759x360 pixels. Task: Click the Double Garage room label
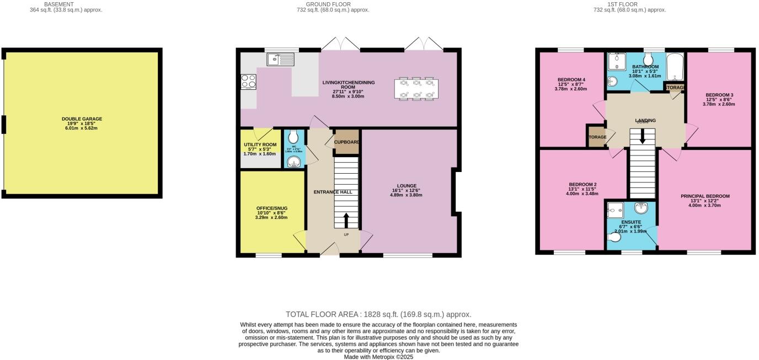click(x=82, y=119)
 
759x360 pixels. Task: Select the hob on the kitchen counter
click(x=248, y=82)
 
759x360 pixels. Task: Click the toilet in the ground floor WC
click(x=293, y=137)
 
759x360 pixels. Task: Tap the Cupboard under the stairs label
click(x=347, y=142)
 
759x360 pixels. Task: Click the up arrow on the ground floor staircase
click(x=346, y=220)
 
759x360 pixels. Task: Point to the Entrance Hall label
click(x=333, y=192)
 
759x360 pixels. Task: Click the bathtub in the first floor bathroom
click(x=674, y=67)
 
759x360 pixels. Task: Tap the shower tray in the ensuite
click(x=614, y=210)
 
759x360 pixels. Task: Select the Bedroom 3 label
click(x=718, y=94)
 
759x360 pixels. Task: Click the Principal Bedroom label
click(x=705, y=196)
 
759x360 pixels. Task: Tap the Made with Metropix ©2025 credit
click(x=378, y=357)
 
